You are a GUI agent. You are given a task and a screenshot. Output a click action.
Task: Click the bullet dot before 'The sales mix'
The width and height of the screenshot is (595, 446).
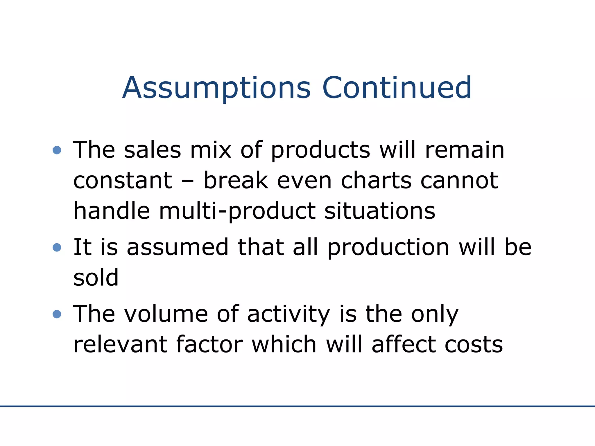(x=57, y=150)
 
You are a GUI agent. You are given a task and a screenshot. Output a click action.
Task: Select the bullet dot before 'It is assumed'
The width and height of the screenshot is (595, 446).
(x=57, y=247)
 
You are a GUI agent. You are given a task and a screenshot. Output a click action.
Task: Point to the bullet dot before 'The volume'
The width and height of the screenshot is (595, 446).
(x=57, y=314)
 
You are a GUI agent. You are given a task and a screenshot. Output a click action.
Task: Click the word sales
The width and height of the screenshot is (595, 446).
(x=153, y=150)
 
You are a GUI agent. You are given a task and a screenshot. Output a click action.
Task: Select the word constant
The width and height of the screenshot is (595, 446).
(x=123, y=180)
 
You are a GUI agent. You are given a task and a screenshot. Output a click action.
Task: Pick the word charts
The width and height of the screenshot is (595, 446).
(x=376, y=180)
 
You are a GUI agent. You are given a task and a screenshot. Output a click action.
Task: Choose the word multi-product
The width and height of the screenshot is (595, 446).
(x=237, y=211)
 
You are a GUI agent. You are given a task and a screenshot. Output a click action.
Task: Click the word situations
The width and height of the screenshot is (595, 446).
(x=380, y=211)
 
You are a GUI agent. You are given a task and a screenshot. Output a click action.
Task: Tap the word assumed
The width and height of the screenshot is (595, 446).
(x=178, y=247)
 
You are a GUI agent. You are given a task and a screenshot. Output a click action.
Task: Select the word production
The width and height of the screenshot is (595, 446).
(x=388, y=248)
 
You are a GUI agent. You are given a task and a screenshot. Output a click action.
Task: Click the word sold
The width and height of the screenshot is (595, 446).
(x=96, y=278)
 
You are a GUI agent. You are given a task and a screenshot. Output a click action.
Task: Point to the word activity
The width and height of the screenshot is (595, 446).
(x=288, y=315)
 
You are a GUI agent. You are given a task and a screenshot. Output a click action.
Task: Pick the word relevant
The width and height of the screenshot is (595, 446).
(x=120, y=345)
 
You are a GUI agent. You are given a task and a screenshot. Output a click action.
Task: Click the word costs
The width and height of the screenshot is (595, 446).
(x=474, y=345)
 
